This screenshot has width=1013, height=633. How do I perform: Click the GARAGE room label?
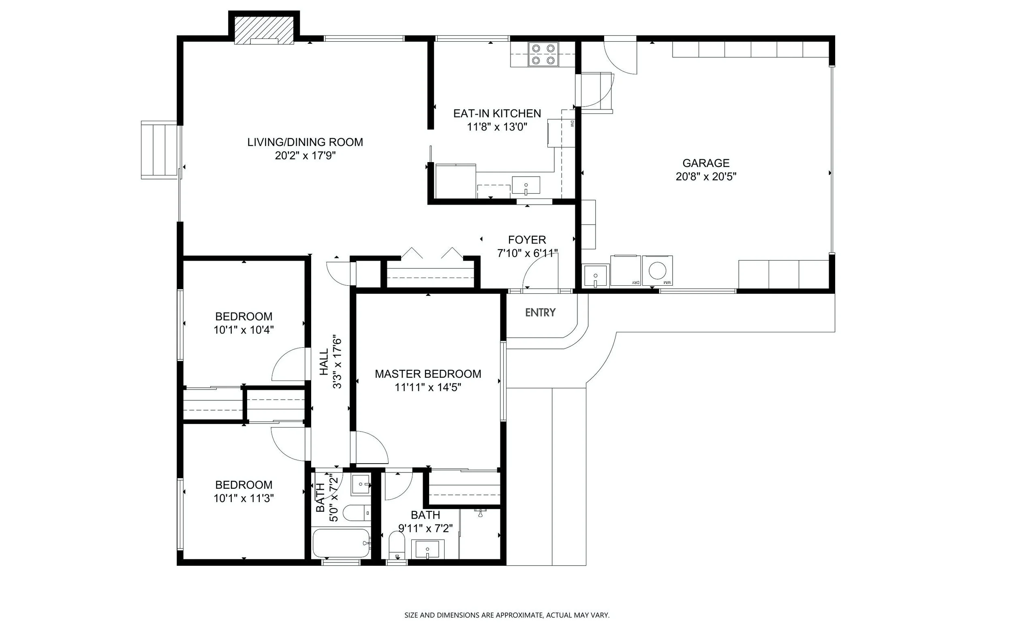tap(706, 163)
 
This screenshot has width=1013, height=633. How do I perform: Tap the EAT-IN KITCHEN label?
tap(497, 113)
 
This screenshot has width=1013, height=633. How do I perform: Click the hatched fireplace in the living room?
tap(264, 30)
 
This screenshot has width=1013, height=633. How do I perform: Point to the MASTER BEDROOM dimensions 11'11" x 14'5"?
tap(428, 387)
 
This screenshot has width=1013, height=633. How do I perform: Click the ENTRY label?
tap(541, 312)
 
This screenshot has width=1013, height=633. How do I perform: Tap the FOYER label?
tap(527, 240)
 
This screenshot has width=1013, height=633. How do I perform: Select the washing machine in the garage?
tap(657, 270)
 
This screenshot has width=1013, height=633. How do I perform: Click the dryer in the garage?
tap(626, 270)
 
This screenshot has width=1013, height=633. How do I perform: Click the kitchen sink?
tap(526, 186)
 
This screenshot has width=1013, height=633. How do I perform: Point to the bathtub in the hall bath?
tap(341, 543)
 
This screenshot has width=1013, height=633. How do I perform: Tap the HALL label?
tap(325, 362)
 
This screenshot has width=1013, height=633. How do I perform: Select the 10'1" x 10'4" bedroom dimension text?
tap(244, 330)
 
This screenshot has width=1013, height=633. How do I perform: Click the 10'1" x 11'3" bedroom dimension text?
tap(244, 498)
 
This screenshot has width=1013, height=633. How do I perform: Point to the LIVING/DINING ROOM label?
tap(305, 142)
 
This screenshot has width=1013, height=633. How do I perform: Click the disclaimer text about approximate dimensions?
tap(507, 615)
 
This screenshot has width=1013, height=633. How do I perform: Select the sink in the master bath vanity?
tap(427, 549)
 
